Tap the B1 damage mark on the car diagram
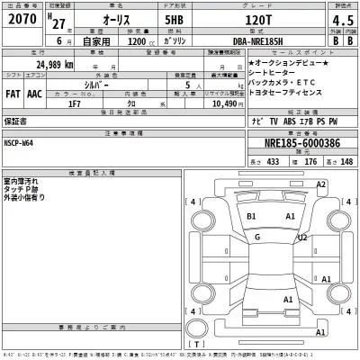(252, 217)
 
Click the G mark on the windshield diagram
(257, 237)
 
